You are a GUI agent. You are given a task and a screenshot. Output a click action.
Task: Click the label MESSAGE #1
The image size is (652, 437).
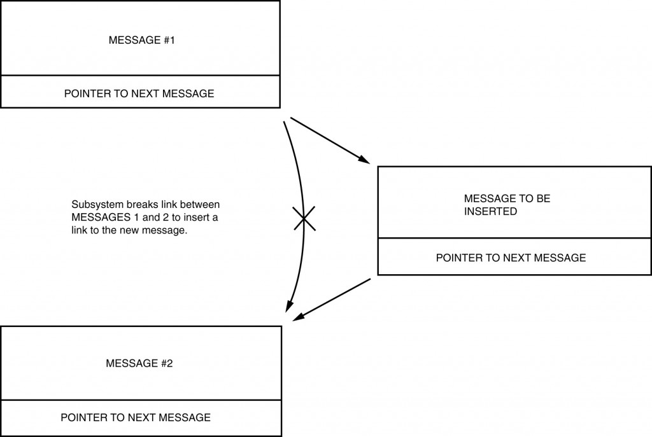pyautogui.click(x=141, y=40)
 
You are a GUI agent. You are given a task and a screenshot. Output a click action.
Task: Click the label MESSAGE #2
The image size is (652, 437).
pyautogui.click(x=139, y=364)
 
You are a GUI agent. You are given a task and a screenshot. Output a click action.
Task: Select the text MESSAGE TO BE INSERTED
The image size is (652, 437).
pyautogui.click(x=507, y=205)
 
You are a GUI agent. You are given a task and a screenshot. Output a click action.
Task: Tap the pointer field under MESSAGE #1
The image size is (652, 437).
pyautogui.click(x=139, y=94)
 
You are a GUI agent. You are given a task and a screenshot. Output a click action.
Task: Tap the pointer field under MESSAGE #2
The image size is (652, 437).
pyautogui.click(x=135, y=418)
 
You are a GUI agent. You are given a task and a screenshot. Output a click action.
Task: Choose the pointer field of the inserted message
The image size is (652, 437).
pyautogui.click(x=511, y=258)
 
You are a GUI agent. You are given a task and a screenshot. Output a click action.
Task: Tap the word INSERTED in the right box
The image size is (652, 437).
pyautogui.click(x=490, y=211)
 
